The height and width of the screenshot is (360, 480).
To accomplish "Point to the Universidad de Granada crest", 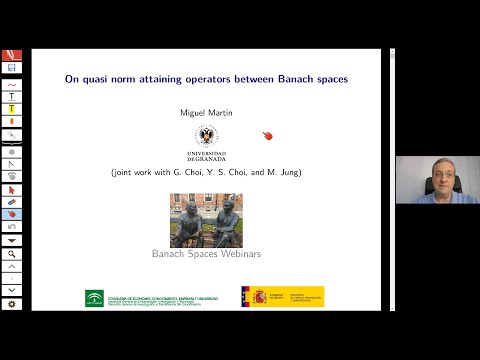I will (206, 136).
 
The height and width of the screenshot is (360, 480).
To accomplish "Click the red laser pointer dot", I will (267, 136).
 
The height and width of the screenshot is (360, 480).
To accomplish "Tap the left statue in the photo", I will (190, 222).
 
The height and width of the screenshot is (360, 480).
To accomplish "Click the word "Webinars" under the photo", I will (239, 254).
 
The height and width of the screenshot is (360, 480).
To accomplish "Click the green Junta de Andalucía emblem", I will (94, 297).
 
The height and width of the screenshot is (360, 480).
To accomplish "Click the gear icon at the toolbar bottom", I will (11, 304).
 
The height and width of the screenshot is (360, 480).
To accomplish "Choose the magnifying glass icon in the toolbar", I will (12, 255).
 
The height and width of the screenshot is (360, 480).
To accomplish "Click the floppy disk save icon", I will (11, 68).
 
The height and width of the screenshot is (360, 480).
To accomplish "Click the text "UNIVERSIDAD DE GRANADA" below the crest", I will (206, 156).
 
